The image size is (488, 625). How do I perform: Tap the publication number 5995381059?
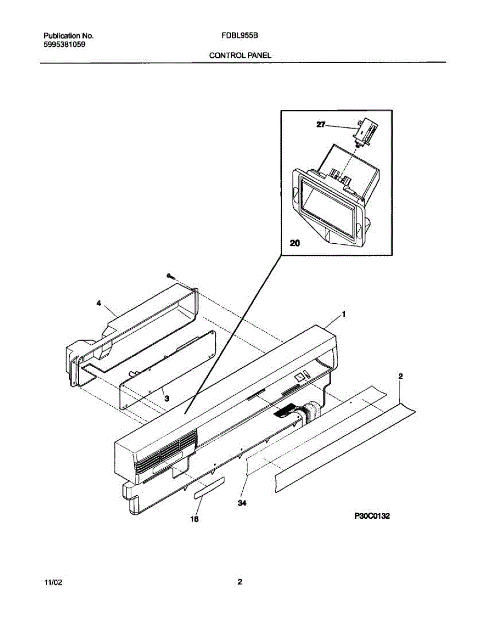click(65, 45)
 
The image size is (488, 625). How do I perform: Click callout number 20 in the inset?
click(295, 242)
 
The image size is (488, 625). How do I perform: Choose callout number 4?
click(98, 303)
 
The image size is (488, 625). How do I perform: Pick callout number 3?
click(166, 398)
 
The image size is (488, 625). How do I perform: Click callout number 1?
click(344, 314)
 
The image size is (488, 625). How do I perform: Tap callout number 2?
click(400, 376)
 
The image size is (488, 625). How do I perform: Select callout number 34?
click(242, 503)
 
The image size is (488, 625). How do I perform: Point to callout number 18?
click(194, 519)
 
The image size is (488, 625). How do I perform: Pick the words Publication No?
click(68, 36)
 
